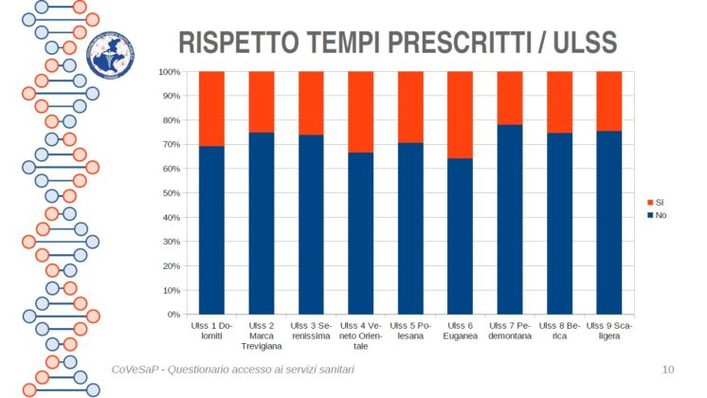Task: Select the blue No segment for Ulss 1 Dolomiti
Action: tap(211, 230)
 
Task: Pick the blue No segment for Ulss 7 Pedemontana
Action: tap(510, 220)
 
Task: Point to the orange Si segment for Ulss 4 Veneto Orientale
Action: tap(360, 112)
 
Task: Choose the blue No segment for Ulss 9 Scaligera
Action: tap(609, 223)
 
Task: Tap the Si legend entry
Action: tap(656, 203)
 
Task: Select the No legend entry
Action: tap(656, 215)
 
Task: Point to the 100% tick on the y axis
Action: tap(170, 72)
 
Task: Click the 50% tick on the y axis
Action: tap(172, 193)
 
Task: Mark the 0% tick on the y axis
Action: tap(174, 315)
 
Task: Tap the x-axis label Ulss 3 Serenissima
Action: tap(311, 331)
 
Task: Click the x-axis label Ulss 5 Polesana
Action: tap(410, 331)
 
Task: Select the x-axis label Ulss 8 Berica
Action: tap(559, 331)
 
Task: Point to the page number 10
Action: tap(667, 369)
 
